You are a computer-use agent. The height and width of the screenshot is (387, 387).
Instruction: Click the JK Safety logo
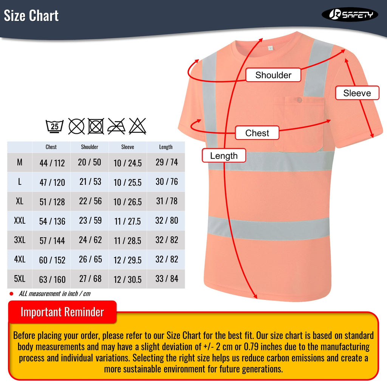[x=350, y=15]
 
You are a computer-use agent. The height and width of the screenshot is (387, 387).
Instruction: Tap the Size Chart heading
[x=31, y=16]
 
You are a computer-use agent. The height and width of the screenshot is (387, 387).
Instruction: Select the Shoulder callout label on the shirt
[x=273, y=75]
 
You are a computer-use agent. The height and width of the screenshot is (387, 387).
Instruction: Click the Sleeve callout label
[x=357, y=93]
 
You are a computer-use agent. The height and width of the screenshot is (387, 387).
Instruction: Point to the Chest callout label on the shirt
[x=257, y=133]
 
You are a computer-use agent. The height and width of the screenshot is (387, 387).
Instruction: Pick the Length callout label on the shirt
[x=224, y=156]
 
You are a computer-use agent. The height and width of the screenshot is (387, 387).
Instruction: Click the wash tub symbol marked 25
[x=55, y=126]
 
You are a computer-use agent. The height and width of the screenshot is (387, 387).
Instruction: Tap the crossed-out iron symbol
[x=116, y=126]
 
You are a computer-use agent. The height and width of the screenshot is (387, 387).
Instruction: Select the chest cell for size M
[x=52, y=163]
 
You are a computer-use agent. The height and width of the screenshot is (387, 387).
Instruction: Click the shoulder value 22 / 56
[x=90, y=201]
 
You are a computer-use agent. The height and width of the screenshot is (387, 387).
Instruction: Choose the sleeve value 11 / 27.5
[x=128, y=221]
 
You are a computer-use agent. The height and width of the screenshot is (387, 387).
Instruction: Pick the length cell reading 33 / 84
[x=167, y=279]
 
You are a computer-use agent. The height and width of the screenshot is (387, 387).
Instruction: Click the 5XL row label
[x=20, y=279]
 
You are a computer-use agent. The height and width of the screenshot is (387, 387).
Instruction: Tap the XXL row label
[x=20, y=221]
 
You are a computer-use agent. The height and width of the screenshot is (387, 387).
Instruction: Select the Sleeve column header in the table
[x=128, y=147]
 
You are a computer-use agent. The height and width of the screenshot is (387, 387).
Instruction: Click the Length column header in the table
[x=166, y=147]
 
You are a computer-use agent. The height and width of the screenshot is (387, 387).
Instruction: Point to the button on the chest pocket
[x=299, y=100]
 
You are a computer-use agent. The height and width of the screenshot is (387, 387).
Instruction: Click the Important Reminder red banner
[x=62, y=312]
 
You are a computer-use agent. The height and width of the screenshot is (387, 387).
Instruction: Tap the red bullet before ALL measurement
[x=11, y=294]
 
